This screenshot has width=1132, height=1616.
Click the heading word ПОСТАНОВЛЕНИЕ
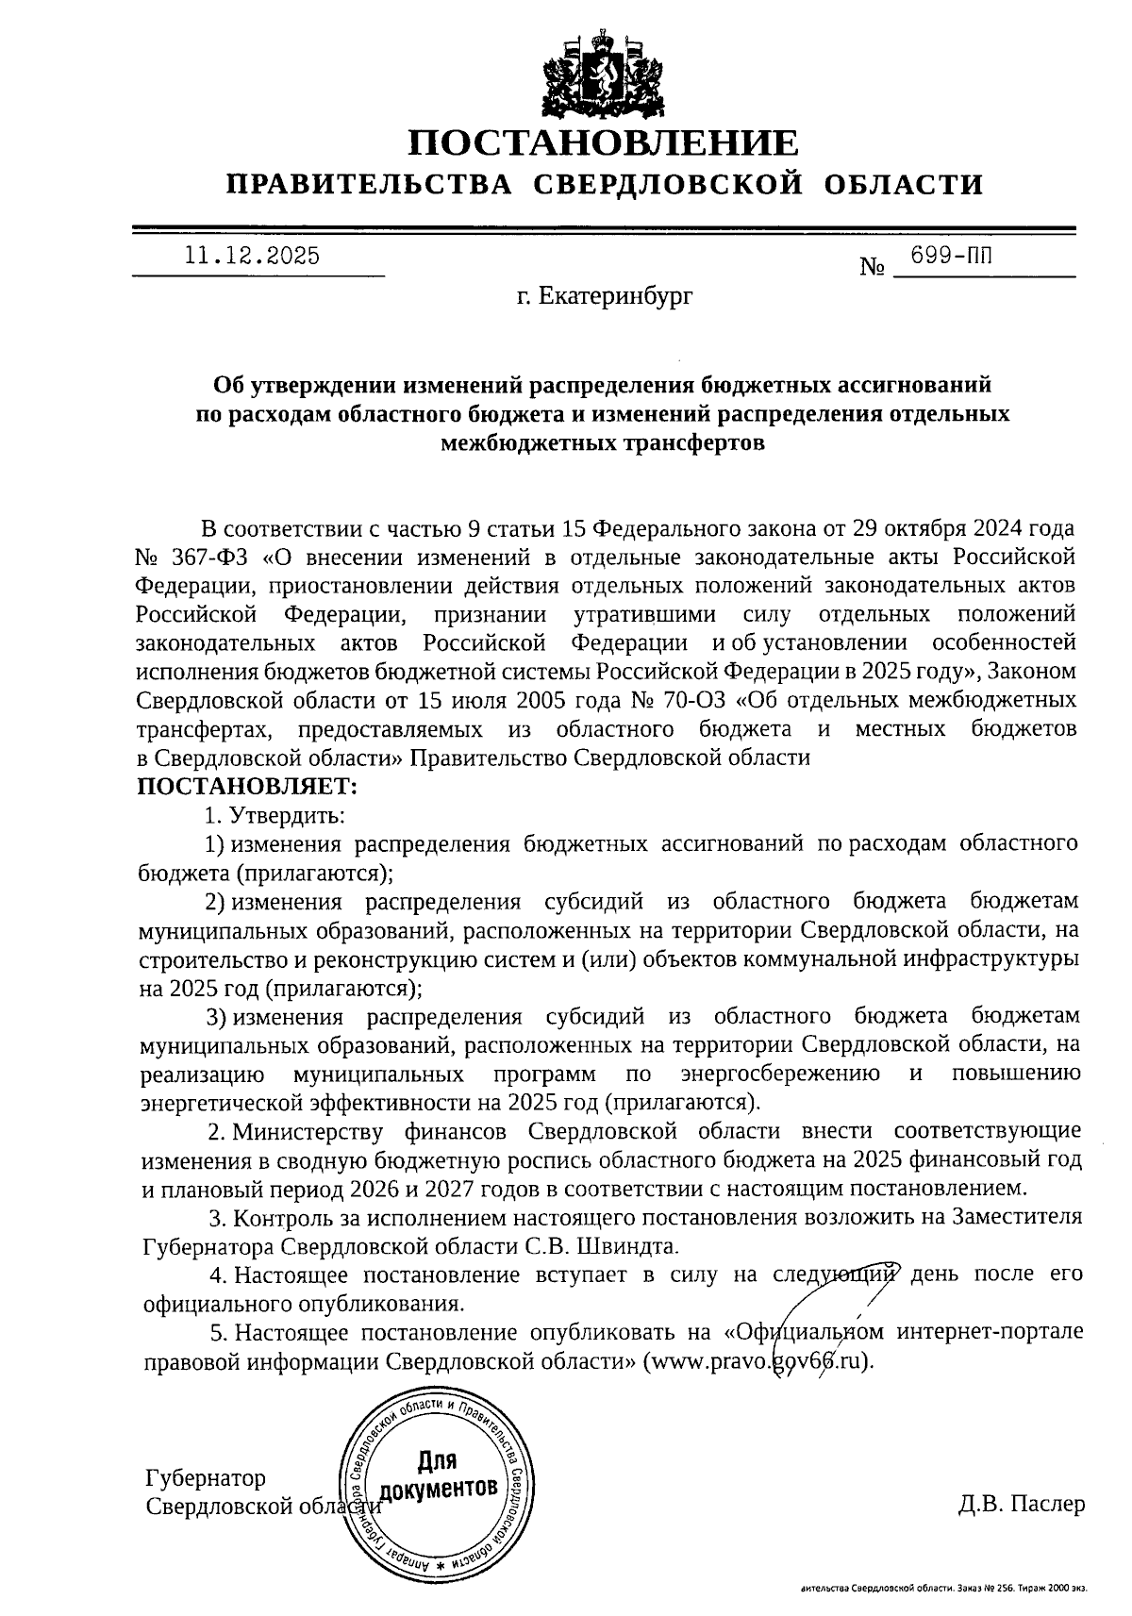point(604,143)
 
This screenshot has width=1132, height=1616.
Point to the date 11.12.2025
point(252,256)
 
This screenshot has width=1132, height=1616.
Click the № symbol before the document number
point(872,268)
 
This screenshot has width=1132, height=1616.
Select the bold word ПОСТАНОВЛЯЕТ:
point(248,785)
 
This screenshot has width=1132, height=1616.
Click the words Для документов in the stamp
point(437,1478)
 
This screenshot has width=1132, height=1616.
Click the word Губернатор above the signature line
point(206,1477)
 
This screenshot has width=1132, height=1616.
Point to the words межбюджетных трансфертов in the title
point(603,443)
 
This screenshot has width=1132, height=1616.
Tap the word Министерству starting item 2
point(310,1130)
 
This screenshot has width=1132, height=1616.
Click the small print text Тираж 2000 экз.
point(1054,1589)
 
